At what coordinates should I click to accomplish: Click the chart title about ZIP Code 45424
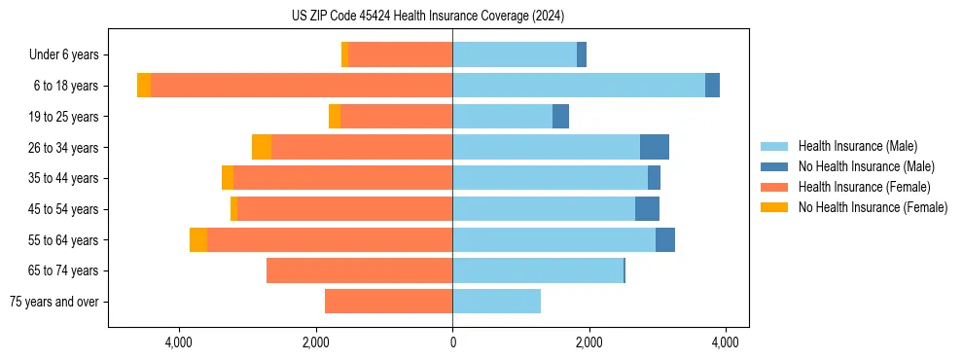(x=427, y=16)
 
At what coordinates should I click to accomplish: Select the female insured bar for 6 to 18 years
(x=302, y=86)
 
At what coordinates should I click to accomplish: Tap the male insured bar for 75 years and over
(x=496, y=302)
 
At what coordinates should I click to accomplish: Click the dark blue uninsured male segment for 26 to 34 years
(x=655, y=147)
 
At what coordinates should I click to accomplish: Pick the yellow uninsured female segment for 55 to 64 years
(x=198, y=240)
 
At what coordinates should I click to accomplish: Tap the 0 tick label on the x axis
(x=452, y=342)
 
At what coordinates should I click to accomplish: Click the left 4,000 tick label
(x=179, y=342)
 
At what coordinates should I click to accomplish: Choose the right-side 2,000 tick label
(x=588, y=342)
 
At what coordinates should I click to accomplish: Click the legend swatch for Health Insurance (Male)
(x=774, y=146)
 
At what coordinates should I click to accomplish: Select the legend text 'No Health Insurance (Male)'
(x=866, y=166)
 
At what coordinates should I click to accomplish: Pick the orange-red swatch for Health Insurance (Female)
(x=774, y=187)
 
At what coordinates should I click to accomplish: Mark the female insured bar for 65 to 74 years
(x=360, y=270)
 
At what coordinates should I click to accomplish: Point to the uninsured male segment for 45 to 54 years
(x=647, y=209)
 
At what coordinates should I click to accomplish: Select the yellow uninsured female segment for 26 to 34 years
(x=262, y=147)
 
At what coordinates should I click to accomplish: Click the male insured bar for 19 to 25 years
(x=502, y=117)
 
